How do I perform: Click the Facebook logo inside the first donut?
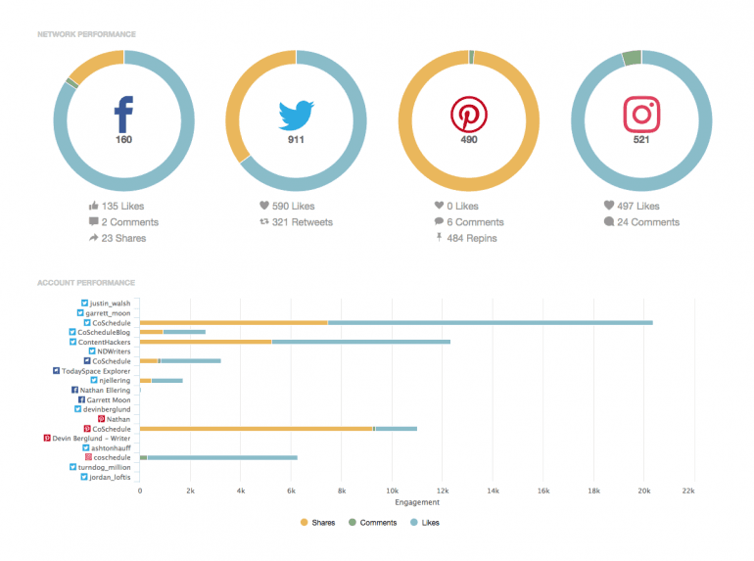coord(123,115)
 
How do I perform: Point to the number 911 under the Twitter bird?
coord(296,140)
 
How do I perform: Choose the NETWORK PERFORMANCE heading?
coord(86,34)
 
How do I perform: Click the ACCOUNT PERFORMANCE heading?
coord(86,283)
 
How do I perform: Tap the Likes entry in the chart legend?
coord(430,523)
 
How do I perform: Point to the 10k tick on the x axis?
coord(392,490)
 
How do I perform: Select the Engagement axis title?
coord(416,502)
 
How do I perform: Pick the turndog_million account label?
coord(104,467)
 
